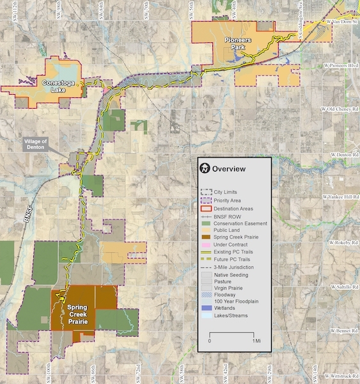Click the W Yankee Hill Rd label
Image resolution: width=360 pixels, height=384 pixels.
pyautogui.click(x=340, y=198)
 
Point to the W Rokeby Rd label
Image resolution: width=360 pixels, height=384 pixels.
pyautogui.click(x=343, y=243)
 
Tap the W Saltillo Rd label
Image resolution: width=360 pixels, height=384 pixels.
pyautogui.click(x=343, y=286)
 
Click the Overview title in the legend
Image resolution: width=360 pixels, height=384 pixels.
pyautogui.click(x=229, y=170)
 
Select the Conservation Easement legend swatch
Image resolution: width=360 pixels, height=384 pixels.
pyautogui.click(x=207, y=223)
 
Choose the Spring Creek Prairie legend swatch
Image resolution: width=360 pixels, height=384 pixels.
pyautogui.click(x=207, y=237)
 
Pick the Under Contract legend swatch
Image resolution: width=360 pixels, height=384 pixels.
pyautogui.click(x=207, y=244)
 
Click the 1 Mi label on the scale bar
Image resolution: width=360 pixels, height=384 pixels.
pyautogui.click(x=256, y=341)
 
